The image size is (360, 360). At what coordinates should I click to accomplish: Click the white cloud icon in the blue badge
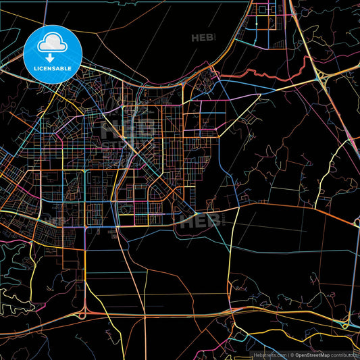[x=51, y=43]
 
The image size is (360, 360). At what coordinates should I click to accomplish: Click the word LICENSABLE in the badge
[x=51, y=68]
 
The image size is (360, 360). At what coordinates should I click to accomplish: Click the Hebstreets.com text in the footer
[x=267, y=355]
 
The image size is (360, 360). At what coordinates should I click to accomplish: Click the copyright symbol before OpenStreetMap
[x=291, y=355]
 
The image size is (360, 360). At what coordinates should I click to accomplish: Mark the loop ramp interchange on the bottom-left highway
[x=82, y=313]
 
